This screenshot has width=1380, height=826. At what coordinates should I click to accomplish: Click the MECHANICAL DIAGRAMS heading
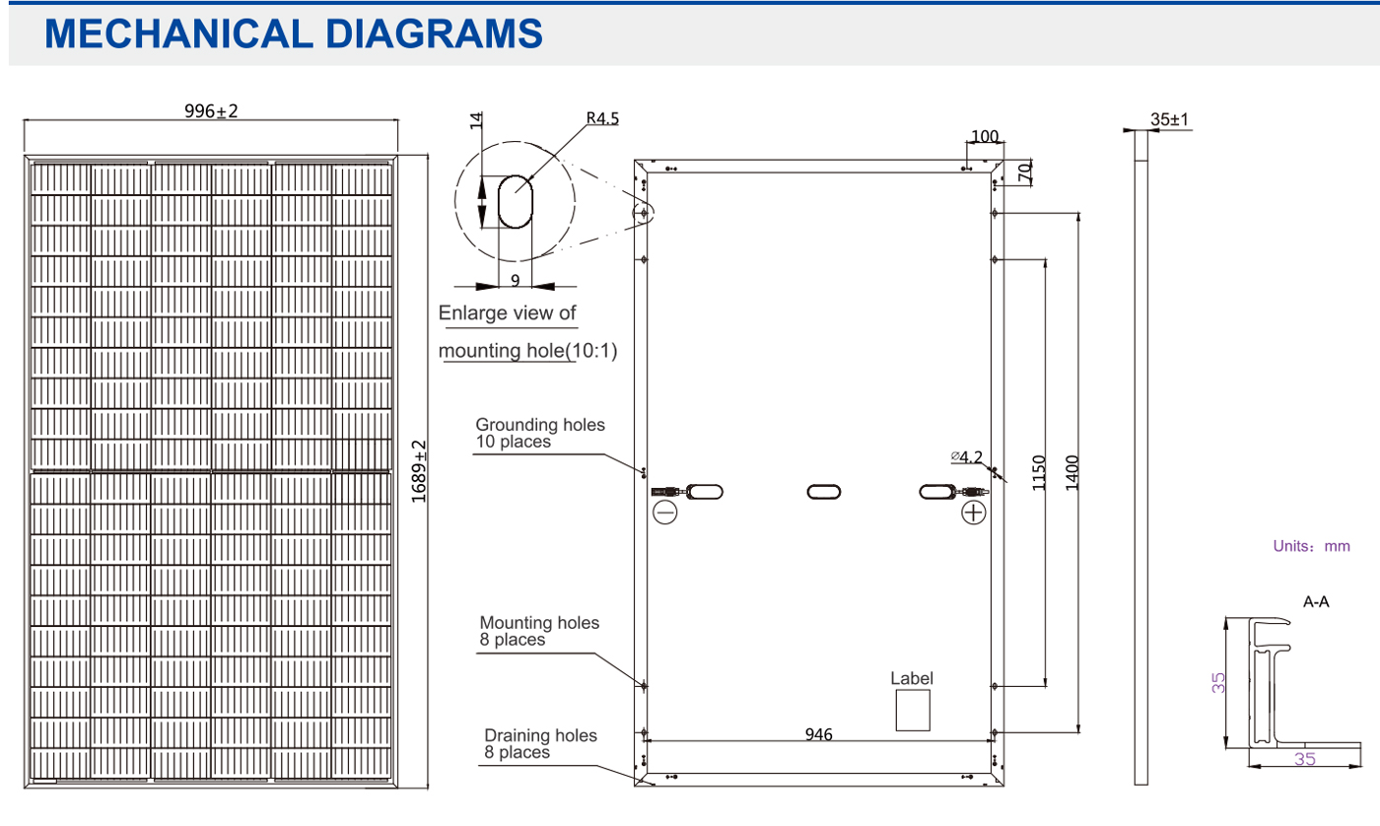coord(294,34)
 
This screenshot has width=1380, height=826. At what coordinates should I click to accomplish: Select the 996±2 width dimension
coord(211,111)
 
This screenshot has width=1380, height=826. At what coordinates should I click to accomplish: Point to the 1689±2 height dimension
coord(419,472)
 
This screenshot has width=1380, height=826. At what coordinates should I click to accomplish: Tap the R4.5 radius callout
coord(601,119)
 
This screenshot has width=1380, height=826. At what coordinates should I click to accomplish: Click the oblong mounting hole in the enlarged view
coord(515,203)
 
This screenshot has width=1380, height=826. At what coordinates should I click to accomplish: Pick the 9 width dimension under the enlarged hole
coord(516,280)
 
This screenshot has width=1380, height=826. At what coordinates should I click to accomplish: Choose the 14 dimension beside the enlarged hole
coord(476,121)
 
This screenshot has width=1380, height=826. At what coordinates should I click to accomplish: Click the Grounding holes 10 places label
coord(540,433)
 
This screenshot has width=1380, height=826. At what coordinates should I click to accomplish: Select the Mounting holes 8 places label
coord(538,631)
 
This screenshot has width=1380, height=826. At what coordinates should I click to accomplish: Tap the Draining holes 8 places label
coord(540,744)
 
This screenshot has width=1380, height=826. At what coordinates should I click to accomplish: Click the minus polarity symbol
coord(665,513)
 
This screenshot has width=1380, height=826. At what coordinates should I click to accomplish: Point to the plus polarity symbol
coord(974,513)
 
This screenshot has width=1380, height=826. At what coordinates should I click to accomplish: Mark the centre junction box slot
coord(824,491)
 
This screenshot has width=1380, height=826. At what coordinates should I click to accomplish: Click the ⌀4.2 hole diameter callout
coord(967,456)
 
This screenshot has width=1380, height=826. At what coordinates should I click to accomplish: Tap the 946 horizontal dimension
coord(818,734)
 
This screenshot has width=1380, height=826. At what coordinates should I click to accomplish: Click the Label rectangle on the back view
coord(912,710)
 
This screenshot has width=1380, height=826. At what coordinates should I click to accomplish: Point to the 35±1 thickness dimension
coord(1170,120)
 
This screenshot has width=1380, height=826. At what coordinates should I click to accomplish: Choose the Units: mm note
coord(1311,545)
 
